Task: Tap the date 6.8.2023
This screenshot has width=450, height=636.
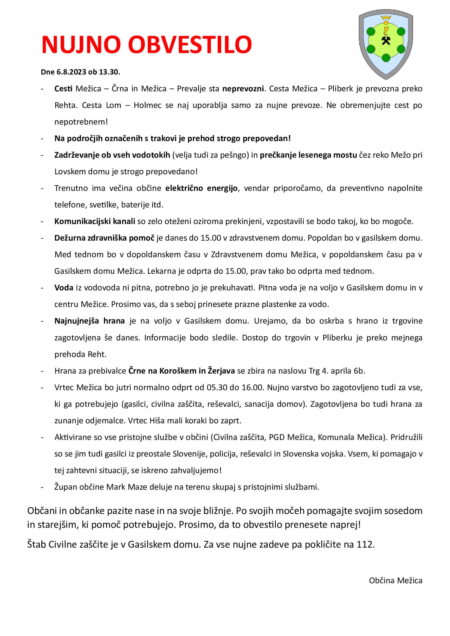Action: tap(71, 72)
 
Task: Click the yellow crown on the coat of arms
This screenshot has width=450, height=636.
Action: tap(386, 18)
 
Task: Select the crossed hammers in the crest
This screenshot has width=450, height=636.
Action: tap(386, 41)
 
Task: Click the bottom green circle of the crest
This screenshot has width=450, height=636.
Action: tap(386, 58)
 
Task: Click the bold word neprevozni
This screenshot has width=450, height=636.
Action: tap(243, 89)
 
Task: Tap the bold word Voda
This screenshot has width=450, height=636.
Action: tap(64, 288)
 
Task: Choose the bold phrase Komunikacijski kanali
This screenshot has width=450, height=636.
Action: tap(95, 221)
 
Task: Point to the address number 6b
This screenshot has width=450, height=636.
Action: tap(359, 371)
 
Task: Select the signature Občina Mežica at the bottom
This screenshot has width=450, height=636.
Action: tap(395, 580)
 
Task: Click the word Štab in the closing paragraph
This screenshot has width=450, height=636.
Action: tap(36, 544)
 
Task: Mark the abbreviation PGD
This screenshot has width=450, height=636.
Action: tap(277, 437)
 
